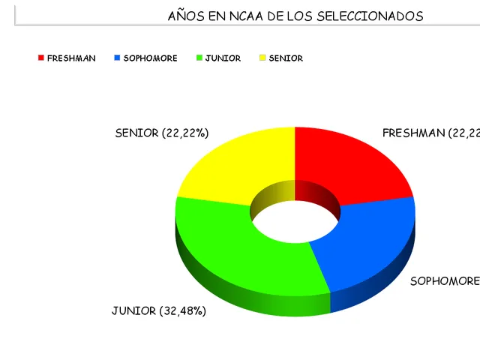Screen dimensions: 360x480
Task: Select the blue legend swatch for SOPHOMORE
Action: pyautogui.click(x=117, y=58)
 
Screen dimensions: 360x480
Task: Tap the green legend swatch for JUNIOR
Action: pyautogui.click(x=199, y=58)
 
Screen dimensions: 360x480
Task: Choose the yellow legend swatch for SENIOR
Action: pyautogui.click(x=262, y=58)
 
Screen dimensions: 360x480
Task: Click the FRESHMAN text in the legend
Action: pyautogui.click(x=71, y=58)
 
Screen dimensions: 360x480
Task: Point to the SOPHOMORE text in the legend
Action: pyautogui.click(x=150, y=58)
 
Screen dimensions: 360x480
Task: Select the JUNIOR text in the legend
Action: pyautogui.click(x=223, y=58)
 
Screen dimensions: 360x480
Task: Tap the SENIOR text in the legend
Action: pyautogui.click(x=286, y=58)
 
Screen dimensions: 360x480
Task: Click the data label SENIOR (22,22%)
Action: pyautogui.click(x=161, y=133)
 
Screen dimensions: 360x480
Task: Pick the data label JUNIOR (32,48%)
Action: pyautogui.click(x=158, y=310)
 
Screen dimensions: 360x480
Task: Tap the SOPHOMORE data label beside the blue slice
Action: pyautogui.click(x=445, y=281)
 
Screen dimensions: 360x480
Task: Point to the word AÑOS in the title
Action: pyautogui.click(x=184, y=16)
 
